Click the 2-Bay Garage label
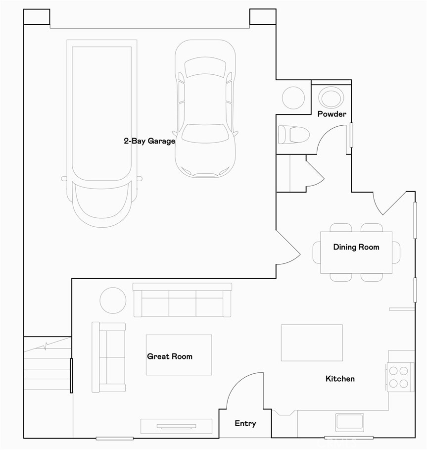pos(149,141)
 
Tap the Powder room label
pos(332,114)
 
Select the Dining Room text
pos(356,247)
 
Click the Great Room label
pos(169,356)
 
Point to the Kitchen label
pos(340,379)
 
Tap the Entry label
pos(245,423)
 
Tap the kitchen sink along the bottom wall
pos(349,422)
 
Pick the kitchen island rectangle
pos(312,343)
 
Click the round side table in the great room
pos(113,300)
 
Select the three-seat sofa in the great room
pos(183,300)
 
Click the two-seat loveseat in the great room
pos(109,357)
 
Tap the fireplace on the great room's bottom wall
pos(177,426)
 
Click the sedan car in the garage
pos(205,109)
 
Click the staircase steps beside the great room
pos(47,366)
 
